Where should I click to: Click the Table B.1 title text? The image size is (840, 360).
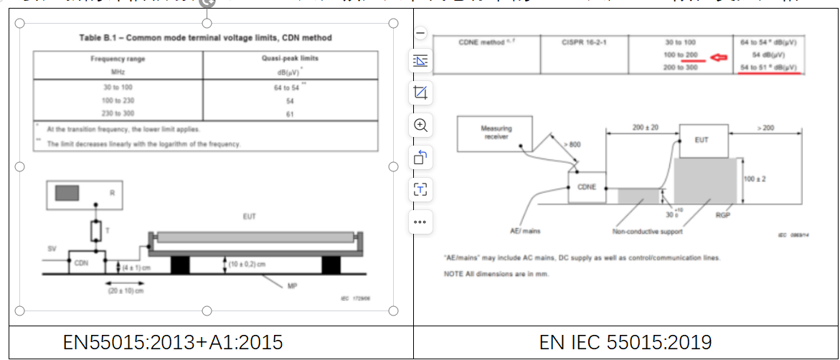205,37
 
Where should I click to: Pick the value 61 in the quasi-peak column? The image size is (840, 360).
291,113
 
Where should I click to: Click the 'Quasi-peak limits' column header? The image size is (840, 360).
291,59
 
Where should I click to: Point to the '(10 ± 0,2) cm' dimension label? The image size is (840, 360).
246,264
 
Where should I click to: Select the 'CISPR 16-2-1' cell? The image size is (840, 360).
582,42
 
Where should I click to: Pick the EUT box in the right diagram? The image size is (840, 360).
702,140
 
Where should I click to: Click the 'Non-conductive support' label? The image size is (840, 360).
646,231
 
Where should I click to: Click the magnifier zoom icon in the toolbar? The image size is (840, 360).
420,125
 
